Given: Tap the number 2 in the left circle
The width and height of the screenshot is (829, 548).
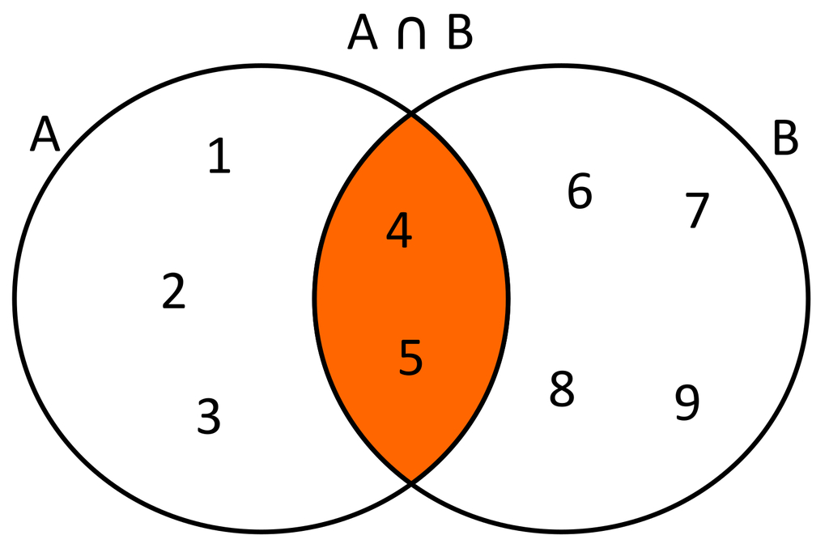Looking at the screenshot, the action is coord(174,291).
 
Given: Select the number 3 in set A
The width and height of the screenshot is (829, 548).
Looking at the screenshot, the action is coord(209,416).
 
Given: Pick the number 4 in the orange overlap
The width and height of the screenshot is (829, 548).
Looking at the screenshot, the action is coord(399,230).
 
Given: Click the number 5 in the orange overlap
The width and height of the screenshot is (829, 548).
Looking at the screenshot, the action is coord(410,357).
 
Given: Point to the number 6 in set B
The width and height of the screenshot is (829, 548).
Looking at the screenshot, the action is coord(580,190).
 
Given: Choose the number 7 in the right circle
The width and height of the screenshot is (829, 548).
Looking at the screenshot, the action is coord(697,210).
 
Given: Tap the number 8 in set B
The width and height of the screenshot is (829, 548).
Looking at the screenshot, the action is coord(562,389).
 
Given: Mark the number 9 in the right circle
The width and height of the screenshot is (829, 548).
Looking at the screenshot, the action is coord(687,402).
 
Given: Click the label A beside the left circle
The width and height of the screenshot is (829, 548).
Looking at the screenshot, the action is coord(45,134).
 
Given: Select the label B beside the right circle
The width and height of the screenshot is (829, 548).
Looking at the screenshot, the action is coord(785,138).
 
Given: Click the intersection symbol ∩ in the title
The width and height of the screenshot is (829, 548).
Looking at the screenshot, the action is coord(411,32).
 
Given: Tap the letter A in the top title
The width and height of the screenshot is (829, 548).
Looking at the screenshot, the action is coord(363,32).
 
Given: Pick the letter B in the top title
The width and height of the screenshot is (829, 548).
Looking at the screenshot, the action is coord(460,32).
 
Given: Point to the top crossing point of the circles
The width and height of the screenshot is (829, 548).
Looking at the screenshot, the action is coord(411,113).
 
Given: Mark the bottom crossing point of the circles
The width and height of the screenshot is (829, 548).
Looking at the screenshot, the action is coord(411,482).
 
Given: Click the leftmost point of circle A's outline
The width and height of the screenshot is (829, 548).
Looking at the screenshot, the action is coord(15,299).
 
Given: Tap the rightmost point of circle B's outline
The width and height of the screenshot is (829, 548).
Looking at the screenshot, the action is coord(809,299).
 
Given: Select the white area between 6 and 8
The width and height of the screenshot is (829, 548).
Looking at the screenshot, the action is coord(571,291).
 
